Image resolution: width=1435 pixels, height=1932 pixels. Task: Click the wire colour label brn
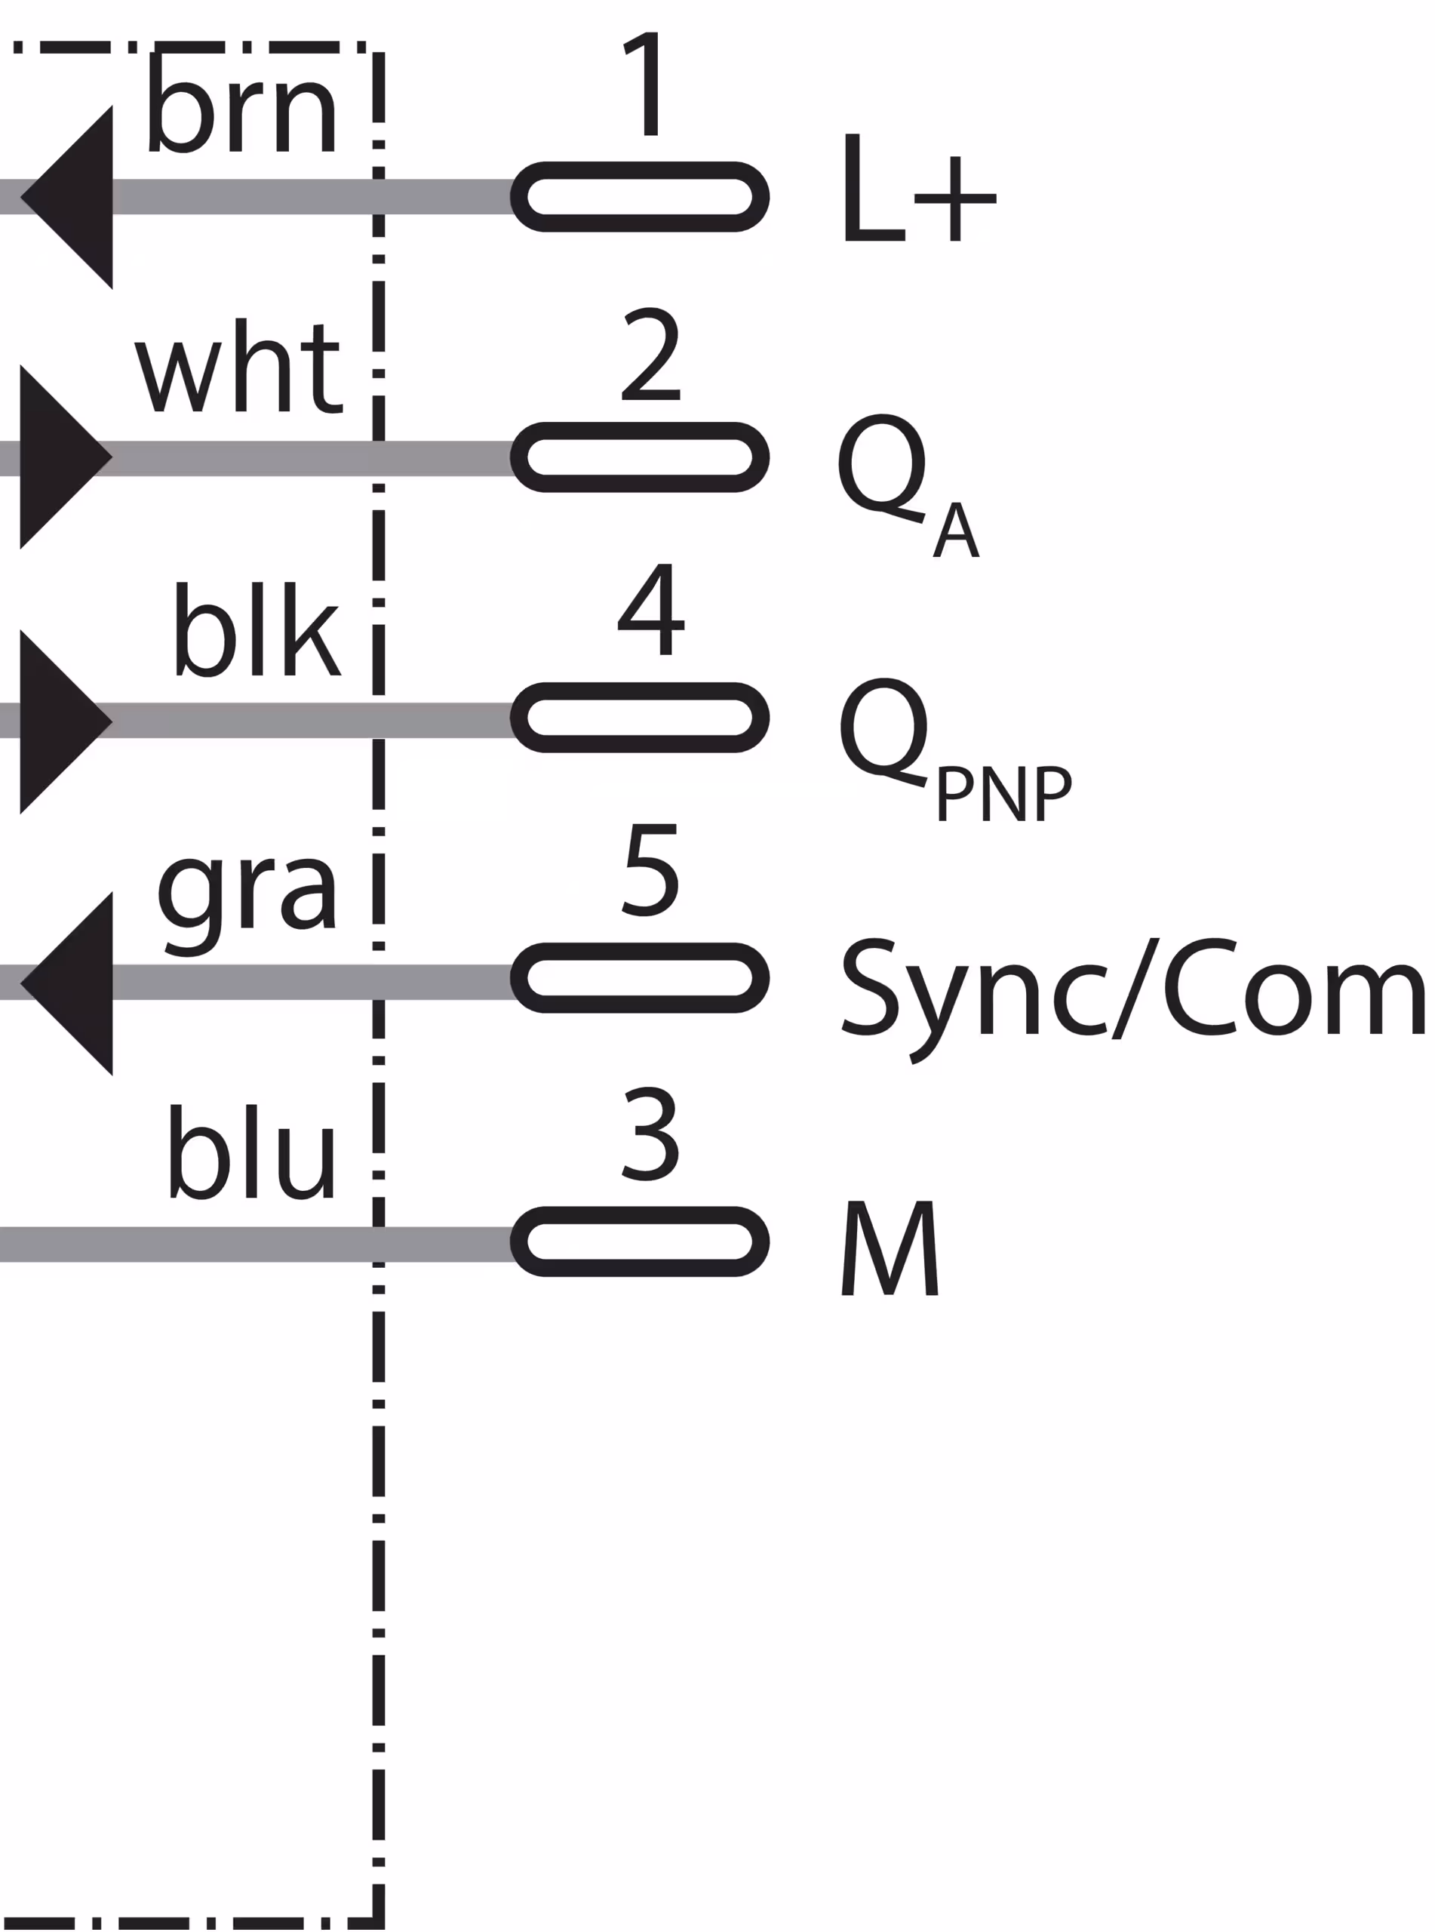[x=241, y=111]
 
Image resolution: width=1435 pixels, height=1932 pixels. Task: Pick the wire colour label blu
[x=251, y=1152]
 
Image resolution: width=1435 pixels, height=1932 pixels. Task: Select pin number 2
[x=650, y=355]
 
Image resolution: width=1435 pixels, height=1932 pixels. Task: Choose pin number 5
[x=650, y=869]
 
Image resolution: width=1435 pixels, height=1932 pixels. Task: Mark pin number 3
[x=650, y=1134]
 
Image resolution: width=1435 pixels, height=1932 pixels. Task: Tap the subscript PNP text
[x=1004, y=794]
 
